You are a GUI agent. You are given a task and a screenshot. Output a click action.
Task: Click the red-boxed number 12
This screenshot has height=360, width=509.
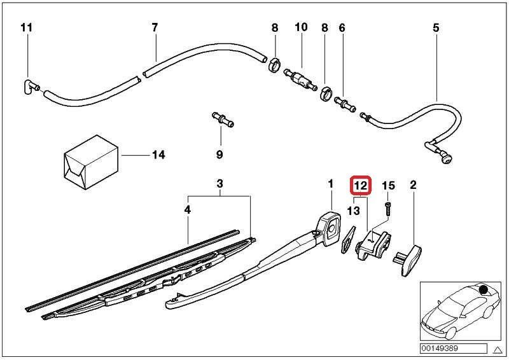click(361, 186)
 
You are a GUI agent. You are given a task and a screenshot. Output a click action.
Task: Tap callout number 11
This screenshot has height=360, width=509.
click(25, 27)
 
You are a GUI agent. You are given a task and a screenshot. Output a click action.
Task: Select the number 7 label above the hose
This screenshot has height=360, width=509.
click(154, 27)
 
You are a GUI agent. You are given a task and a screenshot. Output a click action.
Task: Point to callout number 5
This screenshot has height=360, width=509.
click(436, 27)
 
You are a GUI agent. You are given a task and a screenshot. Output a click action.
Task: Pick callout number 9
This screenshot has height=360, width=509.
click(220, 155)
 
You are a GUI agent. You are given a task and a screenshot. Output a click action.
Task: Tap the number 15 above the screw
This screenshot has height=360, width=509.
click(388, 186)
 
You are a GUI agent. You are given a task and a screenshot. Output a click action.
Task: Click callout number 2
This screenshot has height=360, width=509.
click(413, 185)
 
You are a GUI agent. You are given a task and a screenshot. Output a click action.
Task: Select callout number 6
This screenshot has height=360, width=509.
click(342, 27)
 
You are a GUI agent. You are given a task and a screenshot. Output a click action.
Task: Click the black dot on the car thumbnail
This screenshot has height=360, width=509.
click(484, 291)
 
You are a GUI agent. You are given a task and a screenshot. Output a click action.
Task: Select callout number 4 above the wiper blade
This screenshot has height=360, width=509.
click(188, 208)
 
